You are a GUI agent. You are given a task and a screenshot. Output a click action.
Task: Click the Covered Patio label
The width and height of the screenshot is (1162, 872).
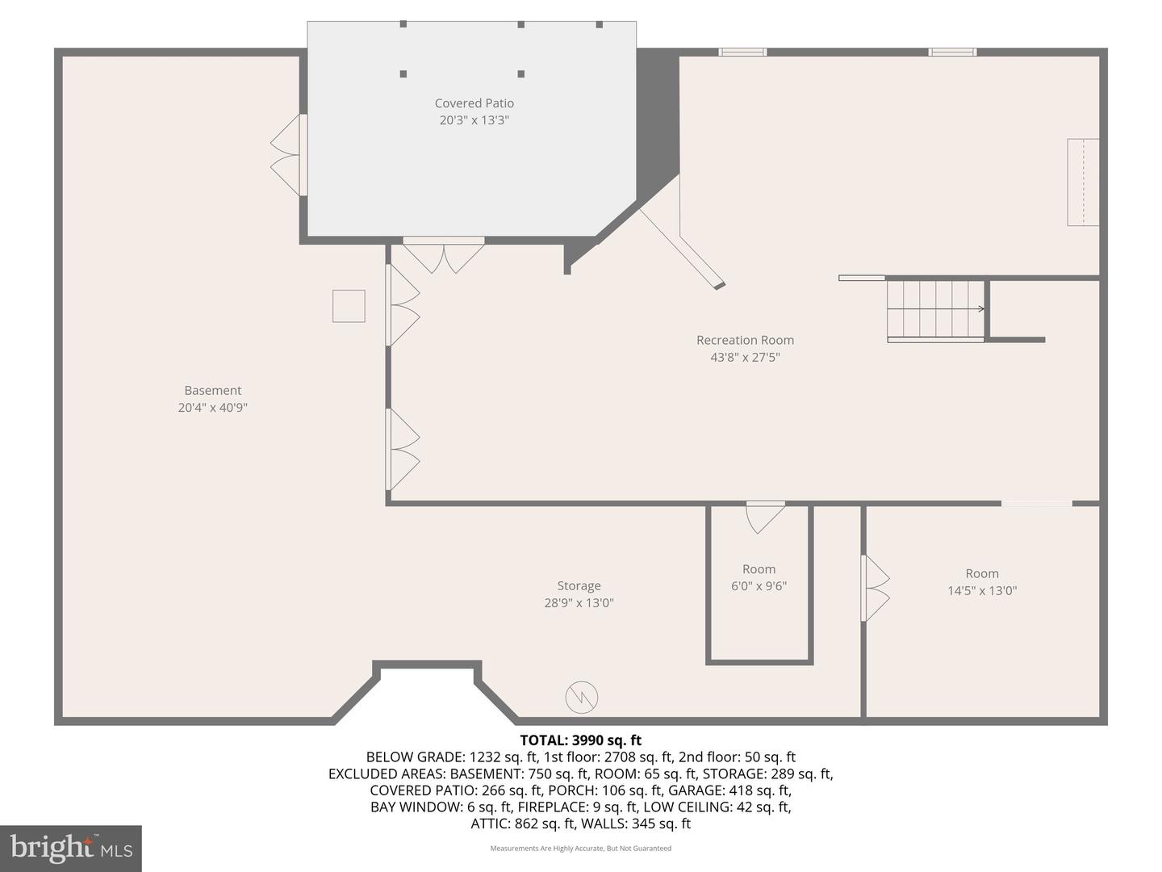click(474, 103)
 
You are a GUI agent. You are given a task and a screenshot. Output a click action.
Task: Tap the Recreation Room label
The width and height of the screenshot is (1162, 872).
click(745, 340)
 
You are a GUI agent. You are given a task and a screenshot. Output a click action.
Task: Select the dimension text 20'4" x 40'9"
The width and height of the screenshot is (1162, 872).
click(212, 408)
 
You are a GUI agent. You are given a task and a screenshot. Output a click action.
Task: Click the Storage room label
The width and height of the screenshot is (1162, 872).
click(579, 586)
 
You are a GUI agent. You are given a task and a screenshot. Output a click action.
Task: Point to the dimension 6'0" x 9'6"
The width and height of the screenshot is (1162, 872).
click(759, 586)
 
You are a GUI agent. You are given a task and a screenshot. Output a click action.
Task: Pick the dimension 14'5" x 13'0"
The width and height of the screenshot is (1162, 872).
click(981, 591)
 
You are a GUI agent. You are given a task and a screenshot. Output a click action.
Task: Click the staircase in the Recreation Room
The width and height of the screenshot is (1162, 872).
click(935, 309)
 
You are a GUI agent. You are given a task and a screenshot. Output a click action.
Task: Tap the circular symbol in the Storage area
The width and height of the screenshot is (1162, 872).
click(581, 698)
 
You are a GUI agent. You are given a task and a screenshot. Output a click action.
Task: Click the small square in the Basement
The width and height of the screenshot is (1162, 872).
click(349, 306)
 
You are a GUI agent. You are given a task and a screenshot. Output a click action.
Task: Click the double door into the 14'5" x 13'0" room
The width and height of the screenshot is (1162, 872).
click(875, 588)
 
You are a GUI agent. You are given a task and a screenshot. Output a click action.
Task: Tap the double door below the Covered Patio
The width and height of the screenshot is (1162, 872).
click(443, 254)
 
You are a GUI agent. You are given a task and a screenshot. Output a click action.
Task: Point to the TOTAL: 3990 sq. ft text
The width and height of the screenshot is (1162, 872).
click(580, 740)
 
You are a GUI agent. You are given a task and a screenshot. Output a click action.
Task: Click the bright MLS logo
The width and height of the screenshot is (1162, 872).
click(71, 848)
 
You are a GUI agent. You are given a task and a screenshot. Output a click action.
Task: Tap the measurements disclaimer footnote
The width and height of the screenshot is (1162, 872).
click(580, 849)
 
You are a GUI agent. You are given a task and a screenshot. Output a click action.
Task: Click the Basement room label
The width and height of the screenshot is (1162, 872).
click(212, 391)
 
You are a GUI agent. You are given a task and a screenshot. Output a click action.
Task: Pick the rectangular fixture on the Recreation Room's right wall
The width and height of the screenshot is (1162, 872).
click(1083, 182)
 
